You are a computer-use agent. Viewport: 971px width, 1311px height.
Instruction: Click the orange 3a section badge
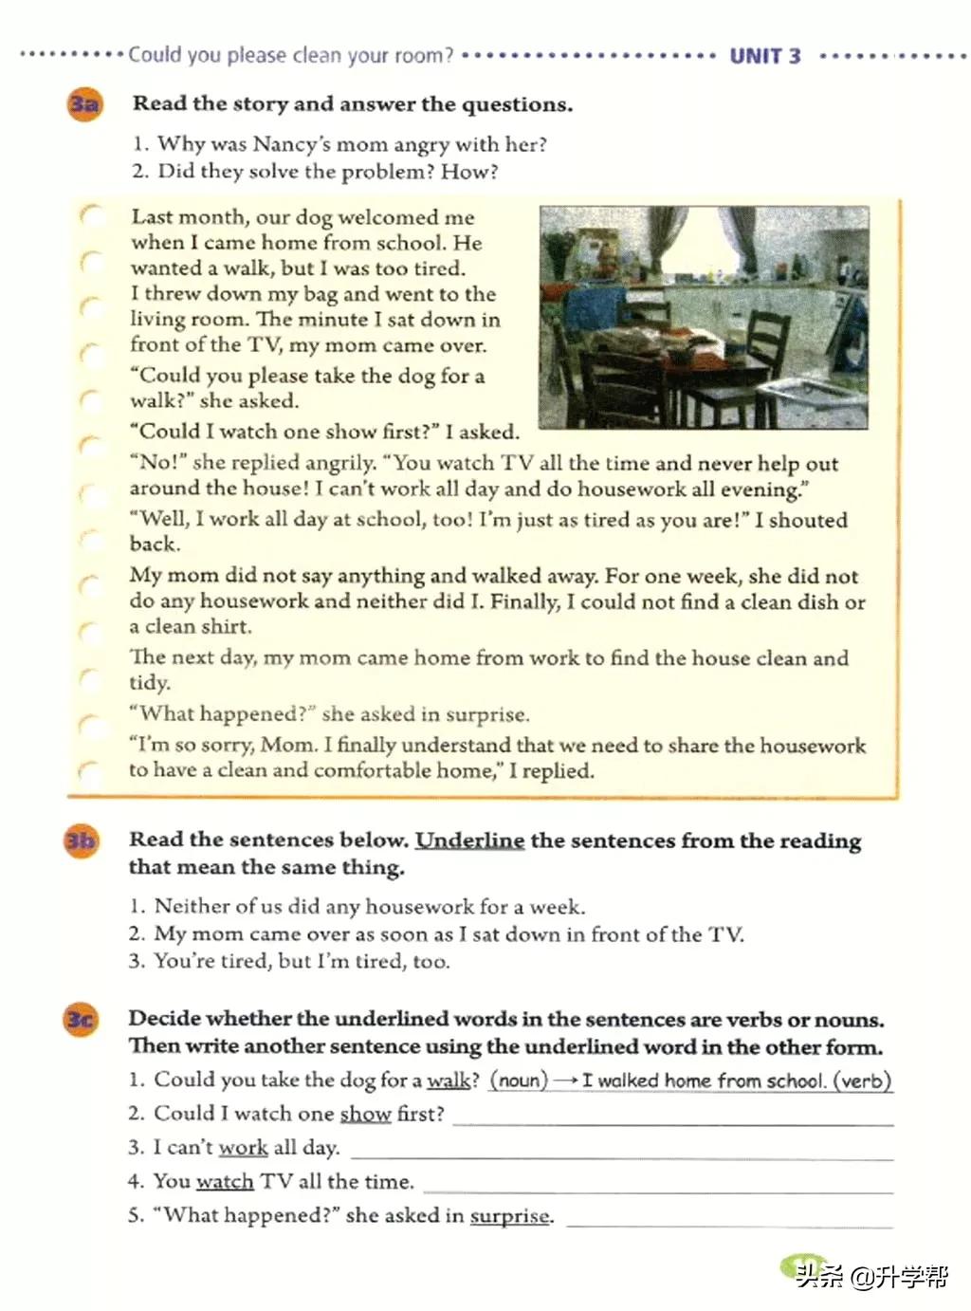coord(83,103)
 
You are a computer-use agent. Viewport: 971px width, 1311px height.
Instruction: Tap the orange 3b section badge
coord(81,840)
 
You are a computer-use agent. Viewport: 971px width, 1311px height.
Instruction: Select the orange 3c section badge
coord(81,1020)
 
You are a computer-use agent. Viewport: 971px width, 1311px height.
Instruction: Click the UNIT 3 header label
coord(764,56)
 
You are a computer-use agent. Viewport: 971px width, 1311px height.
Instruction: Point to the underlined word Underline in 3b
coord(469,840)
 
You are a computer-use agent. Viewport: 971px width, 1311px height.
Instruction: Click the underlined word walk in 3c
coord(449,1080)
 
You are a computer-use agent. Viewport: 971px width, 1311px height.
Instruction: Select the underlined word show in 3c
coord(365,1114)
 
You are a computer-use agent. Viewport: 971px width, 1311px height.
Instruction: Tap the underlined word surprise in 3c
coord(509,1216)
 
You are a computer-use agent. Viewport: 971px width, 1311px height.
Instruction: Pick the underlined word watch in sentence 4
coord(225,1182)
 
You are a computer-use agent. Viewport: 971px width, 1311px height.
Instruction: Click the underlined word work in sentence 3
coord(243,1148)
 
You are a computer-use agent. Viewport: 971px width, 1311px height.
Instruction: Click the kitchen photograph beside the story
coord(704,317)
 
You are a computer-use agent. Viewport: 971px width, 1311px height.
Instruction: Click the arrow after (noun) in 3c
coord(566,1080)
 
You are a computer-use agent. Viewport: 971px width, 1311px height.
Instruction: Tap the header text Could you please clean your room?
coord(291,55)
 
